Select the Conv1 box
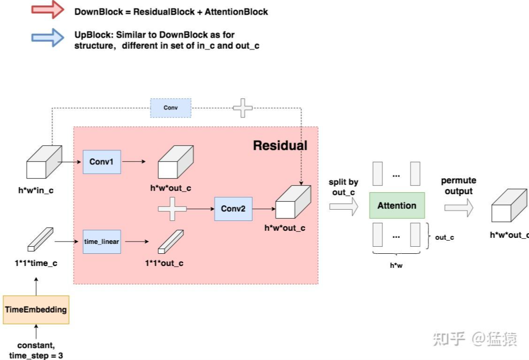[102, 162]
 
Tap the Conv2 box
[233, 208]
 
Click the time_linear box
[102, 241]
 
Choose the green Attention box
[397, 205]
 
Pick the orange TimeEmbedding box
[36, 310]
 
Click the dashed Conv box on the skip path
[171, 108]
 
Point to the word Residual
[280, 145]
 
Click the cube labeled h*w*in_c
[44, 162]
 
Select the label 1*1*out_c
[164, 263]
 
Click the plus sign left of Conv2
[172, 209]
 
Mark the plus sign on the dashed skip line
[243, 108]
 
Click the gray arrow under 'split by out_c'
[343, 207]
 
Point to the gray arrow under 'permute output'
[459, 207]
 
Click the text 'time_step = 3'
[36, 356]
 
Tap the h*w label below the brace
[397, 266]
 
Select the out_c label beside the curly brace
[444, 237]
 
